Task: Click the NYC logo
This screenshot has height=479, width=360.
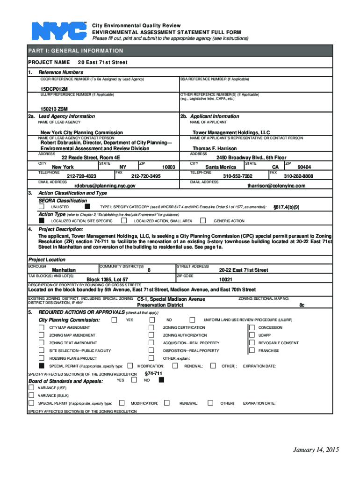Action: pos(59,31)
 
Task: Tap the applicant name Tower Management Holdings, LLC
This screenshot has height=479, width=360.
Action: pos(231,132)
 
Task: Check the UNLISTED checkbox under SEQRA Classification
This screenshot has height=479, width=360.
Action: pos(42,206)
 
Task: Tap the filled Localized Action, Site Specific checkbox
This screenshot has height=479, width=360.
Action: pos(42,220)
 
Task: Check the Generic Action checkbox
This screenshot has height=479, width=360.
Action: pos(203,220)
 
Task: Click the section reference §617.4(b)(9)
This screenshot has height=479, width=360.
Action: pos(286,206)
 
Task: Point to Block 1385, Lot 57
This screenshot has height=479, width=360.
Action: pos(104,279)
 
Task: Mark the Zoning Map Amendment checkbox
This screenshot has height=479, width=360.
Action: pos(42,335)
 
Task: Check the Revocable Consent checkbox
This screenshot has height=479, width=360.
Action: pos(252,343)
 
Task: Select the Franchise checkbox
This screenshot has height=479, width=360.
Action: pos(252,350)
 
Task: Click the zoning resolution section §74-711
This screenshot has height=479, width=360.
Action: pos(154,373)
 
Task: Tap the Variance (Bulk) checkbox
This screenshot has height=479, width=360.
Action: pos(31,395)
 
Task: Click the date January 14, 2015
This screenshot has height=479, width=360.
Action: pos(316,450)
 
